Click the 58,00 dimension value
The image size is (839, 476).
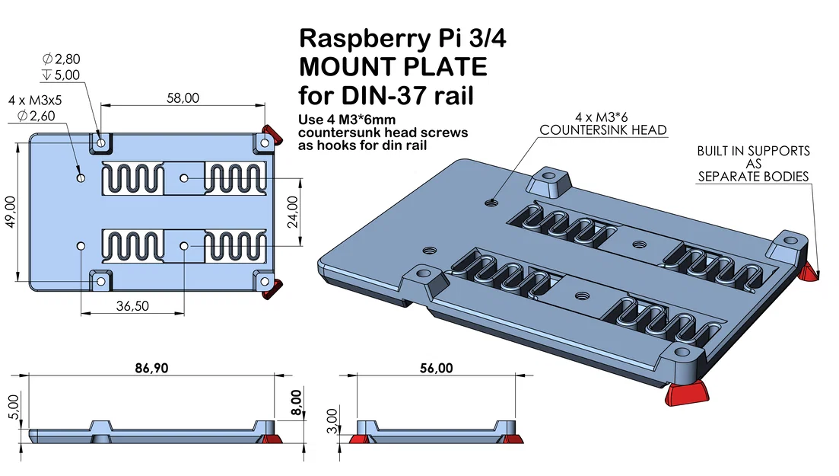183,97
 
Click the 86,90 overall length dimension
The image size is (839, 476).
151,368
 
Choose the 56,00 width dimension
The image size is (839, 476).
436,368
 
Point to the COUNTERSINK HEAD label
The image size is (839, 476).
602,130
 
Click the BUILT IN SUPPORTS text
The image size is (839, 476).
753,151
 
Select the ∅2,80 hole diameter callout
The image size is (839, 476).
61,59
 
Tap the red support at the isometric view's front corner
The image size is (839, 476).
685,394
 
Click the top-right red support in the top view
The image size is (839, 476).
269,129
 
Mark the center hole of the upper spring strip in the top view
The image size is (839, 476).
184,178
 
